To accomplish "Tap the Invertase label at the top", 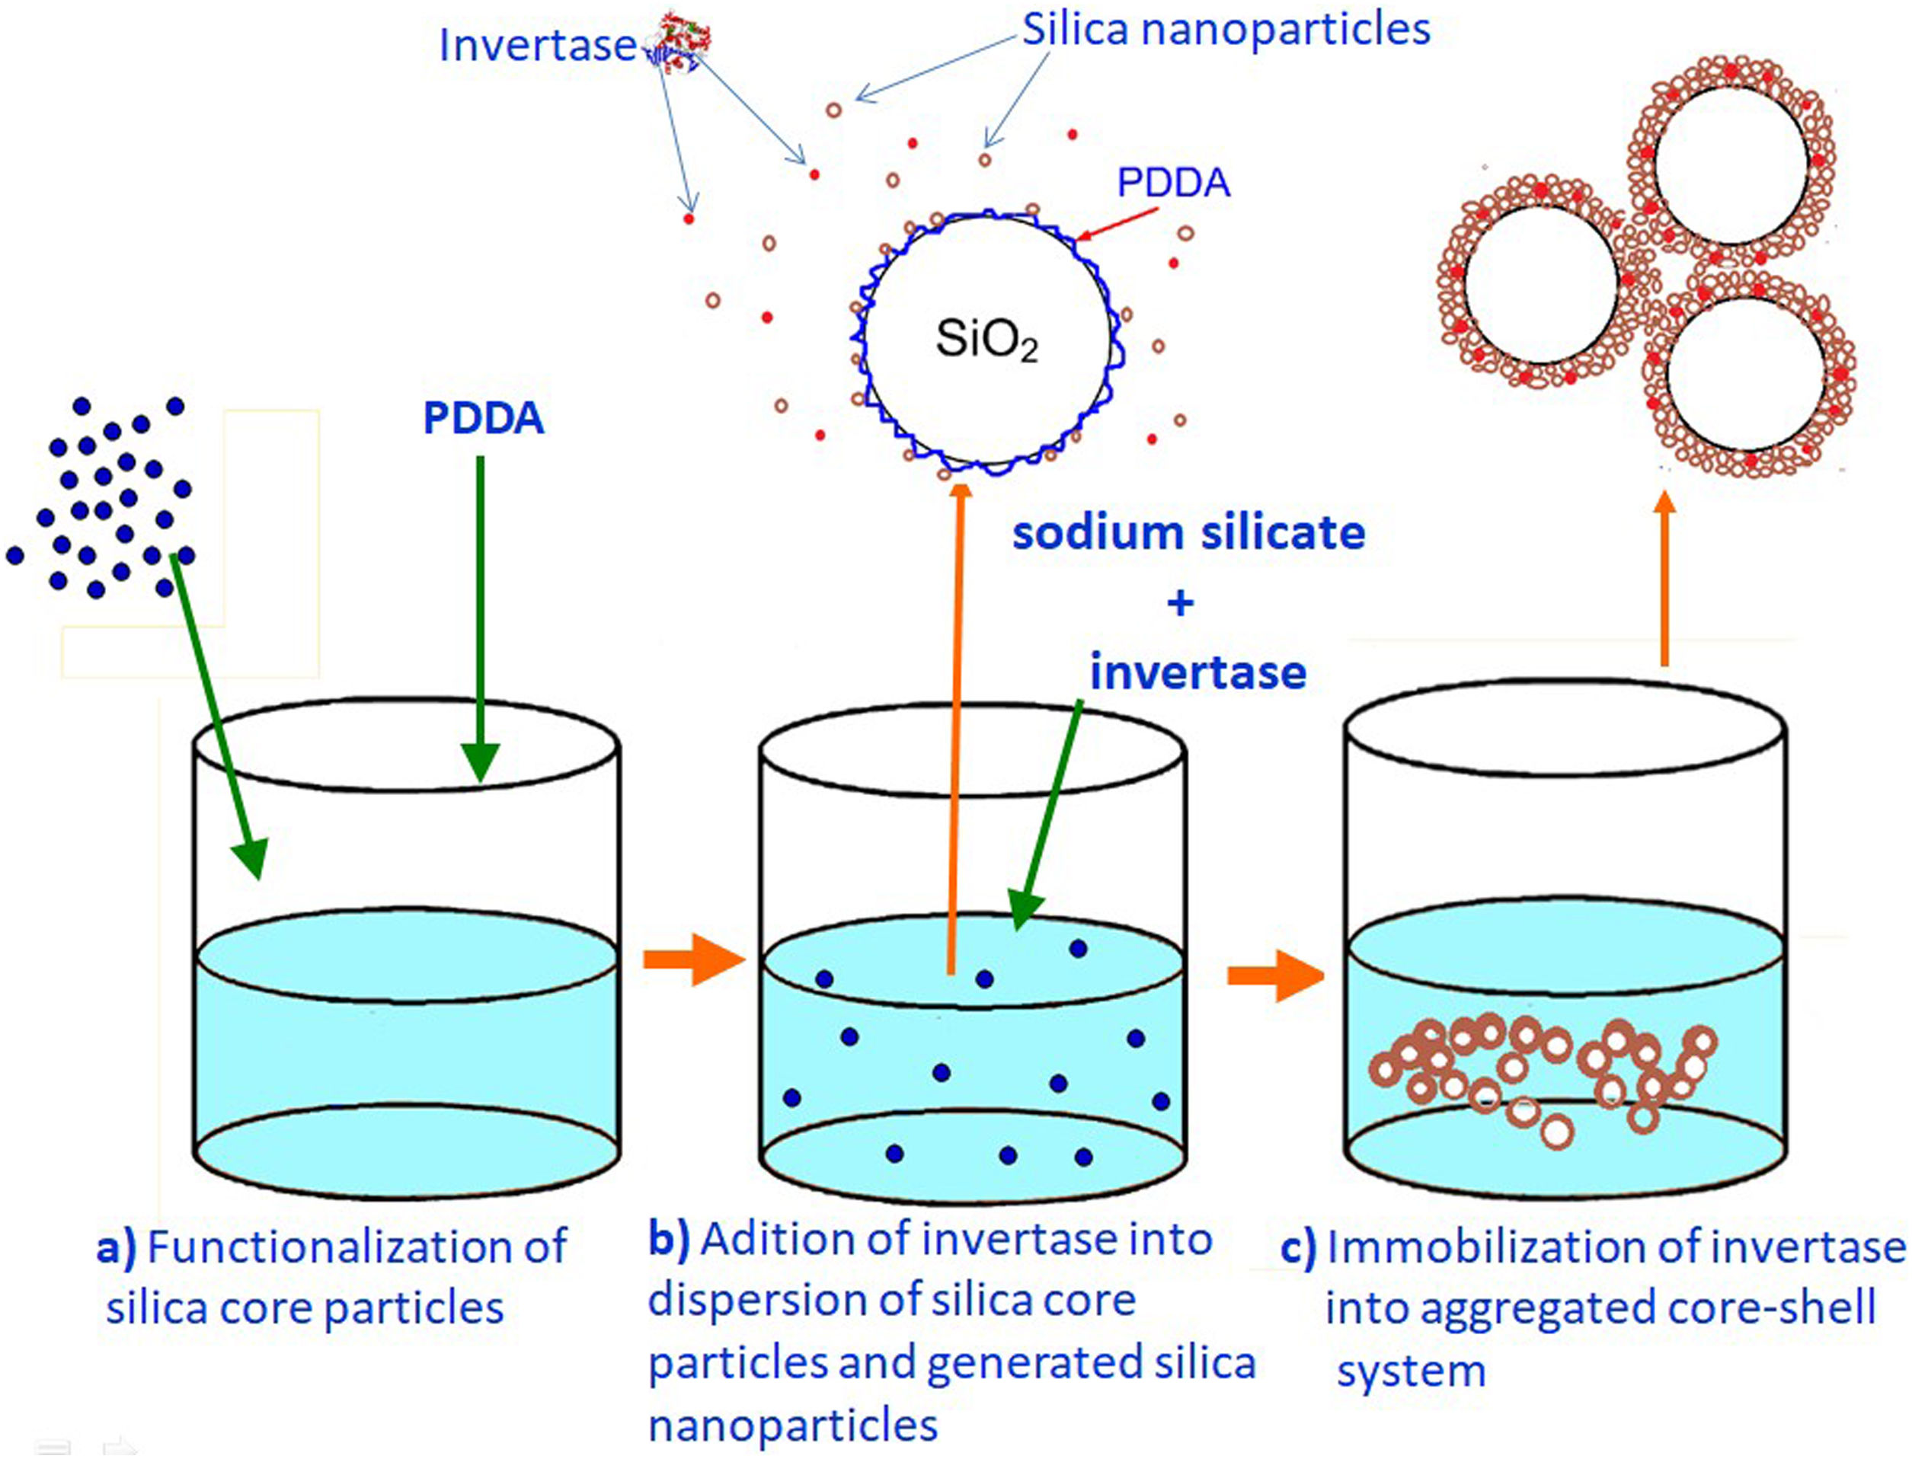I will [x=537, y=45].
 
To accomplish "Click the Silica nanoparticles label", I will [x=1226, y=30].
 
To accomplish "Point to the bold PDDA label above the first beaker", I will [x=483, y=419].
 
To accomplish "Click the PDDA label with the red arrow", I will [x=1173, y=184].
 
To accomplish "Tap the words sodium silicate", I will [x=1188, y=532].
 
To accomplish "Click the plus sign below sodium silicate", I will [x=1180, y=602].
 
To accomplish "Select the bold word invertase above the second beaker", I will [x=1198, y=673].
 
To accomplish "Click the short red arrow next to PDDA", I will [x=1121, y=223].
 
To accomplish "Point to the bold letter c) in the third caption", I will [x=1299, y=1249].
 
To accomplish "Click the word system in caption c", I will [x=1411, y=1372].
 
